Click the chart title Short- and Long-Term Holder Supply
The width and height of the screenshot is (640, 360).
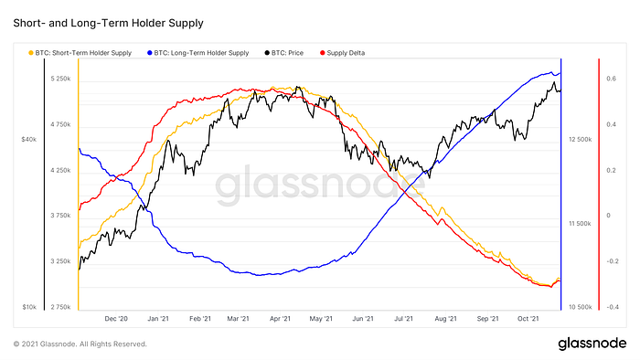pyautogui.click(x=108, y=23)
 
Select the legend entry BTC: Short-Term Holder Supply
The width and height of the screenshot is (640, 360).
pyautogui.click(x=80, y=53)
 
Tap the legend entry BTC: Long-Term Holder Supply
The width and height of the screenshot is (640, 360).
pyautogui.click(x=198, y=53)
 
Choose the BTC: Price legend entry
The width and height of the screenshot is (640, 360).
pyautogui.click(x=284, y=53)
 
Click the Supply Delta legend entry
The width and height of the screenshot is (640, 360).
pyautogui.click(x=343, y=53)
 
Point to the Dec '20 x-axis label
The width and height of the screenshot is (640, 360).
pyautogui.click(x=116, y=319)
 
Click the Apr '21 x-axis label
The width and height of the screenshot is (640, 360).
pyautogui.click(x=280, y=319)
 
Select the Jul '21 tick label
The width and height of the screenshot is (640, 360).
pyautogui.click(x=403, y=319)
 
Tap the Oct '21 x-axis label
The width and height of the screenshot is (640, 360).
pyautogui.click(x=528, y=319)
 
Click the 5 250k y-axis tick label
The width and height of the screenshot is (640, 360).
pyautogui.click(x=61, y=79)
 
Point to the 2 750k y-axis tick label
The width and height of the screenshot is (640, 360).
pyautogui.click(x=61, y=307)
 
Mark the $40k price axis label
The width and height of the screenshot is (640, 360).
pyautogui.click(x=29, y=140)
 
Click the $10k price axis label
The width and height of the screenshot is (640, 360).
pyautogui.click(x=29, y=307)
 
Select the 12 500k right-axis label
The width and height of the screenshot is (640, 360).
pyautogui.click(x=580, y=140)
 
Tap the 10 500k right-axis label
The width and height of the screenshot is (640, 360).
pyautogui.click(x=580, y=307)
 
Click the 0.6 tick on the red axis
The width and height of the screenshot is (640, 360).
pyautogui.click(x=611, y=79)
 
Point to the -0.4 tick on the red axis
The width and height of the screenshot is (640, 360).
pyautogui.click(x=613, y=307)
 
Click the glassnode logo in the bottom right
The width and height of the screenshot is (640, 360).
pyautogui.click(x=592, y=344)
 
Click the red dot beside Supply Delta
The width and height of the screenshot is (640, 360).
pyautogui.click(x=323, y=53)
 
